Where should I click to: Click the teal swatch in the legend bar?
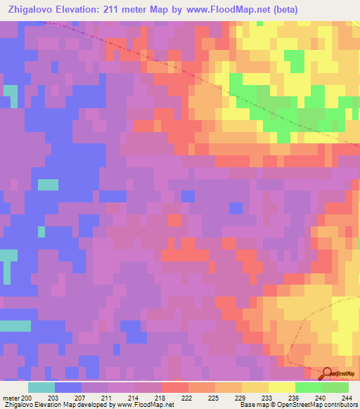coord(41,387)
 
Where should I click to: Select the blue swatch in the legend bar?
coord(68,387)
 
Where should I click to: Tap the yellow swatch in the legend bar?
coord(281,387)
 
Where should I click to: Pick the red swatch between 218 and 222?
coord(175,387)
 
